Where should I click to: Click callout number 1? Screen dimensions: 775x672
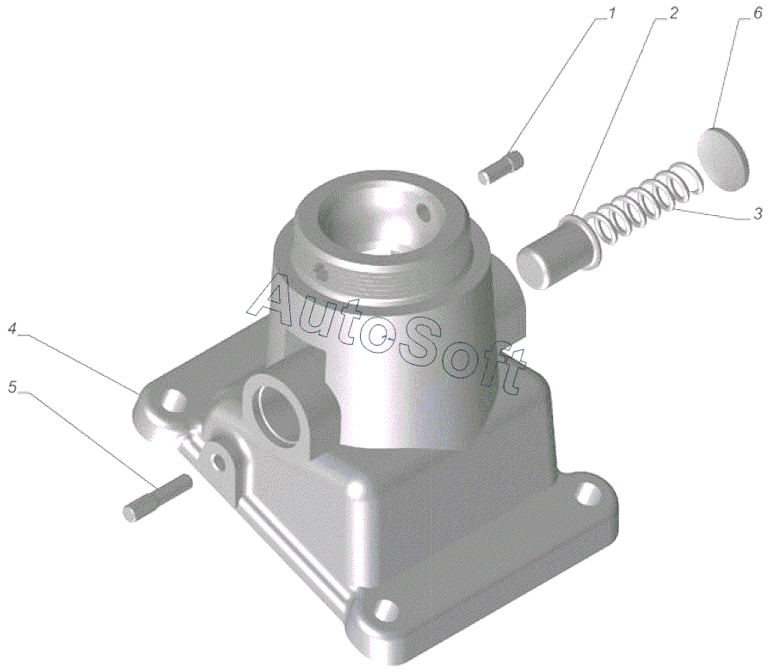coord(611,14)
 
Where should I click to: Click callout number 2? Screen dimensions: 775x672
coord(673,14)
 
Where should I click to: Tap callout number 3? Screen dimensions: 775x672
coord(758,214)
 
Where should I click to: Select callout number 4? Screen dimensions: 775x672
coord(13,329)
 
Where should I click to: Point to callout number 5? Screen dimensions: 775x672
coord(12,388)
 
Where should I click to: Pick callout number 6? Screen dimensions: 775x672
coord(758,14)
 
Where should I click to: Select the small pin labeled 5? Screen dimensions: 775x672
coord(158,497)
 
